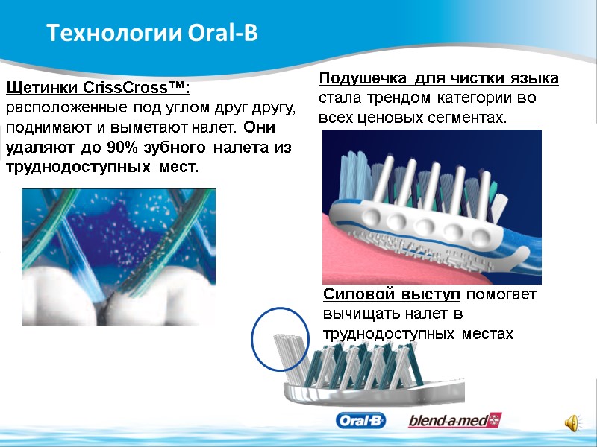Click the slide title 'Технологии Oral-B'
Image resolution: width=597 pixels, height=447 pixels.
pyautogui.click(x=151, y=34)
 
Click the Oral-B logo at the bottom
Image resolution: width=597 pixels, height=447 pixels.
pyautogui.click(x=361, y=421)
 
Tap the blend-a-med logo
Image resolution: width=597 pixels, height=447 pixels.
pyautogui.click(x=454, y=421)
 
